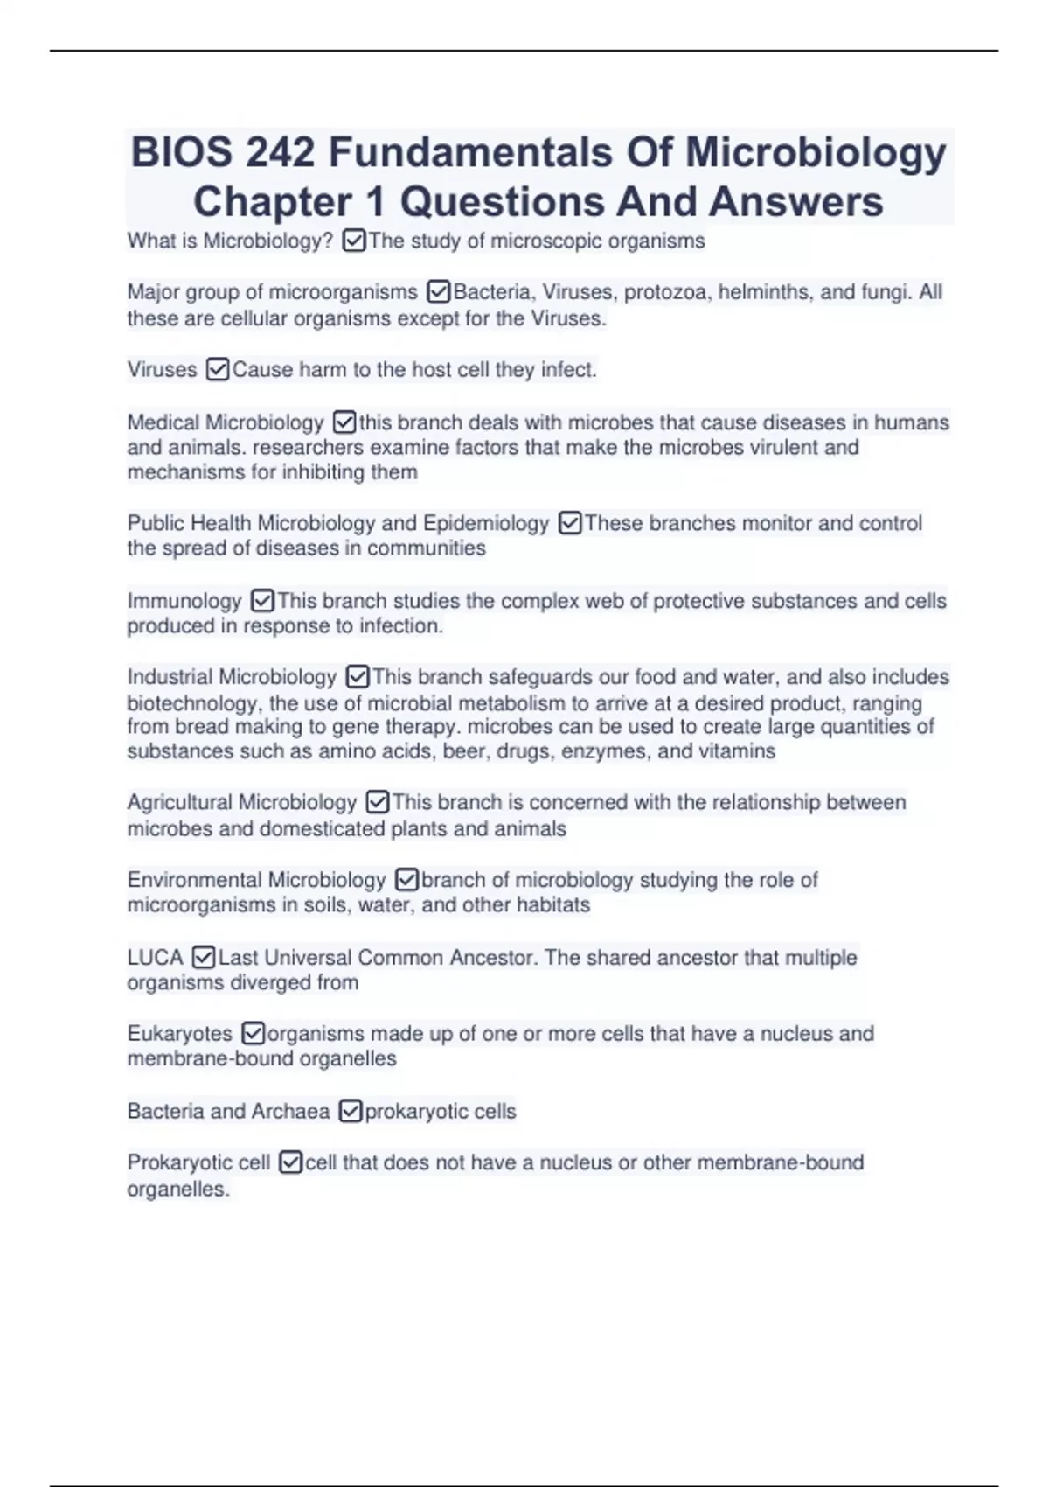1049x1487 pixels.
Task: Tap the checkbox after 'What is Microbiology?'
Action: point(354,241)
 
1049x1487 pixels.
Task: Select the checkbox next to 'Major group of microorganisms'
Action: point(438,291)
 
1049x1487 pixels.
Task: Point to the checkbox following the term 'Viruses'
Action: point(218,370)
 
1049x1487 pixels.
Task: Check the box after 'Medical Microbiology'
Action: point(344,422)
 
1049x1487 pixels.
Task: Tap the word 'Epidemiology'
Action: point(486,523)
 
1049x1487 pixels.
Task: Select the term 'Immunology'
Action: point(184,601)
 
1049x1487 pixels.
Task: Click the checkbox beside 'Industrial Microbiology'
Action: point(358,677)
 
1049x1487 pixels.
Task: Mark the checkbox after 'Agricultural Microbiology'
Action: point(377,802)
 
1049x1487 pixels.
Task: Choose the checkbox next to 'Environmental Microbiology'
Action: point(406,879)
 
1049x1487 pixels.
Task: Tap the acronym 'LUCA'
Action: point(155,957)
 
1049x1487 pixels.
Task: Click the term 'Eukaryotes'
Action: point(179,1033)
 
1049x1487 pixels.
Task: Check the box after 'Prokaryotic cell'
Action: point(290,1162)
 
